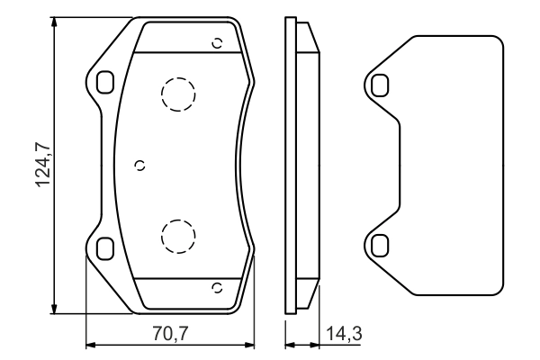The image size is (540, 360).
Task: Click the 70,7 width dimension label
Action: (x=169, y=334)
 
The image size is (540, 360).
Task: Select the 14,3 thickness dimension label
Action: (x=345, y=334)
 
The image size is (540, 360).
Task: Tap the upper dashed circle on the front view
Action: (x=177, y=93)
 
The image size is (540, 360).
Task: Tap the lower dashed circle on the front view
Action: (x=177, y=236)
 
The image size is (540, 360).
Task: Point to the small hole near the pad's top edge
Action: (x=216, y=42)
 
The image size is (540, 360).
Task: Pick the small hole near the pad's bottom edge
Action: (x=216, y=287)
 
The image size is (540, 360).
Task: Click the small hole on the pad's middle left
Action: (x=139, y=164)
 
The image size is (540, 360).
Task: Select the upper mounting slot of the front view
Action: (x=104, y=82)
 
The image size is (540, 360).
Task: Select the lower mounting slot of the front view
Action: (x=104, y=247)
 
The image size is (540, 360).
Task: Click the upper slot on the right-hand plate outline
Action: (x=380, y=85)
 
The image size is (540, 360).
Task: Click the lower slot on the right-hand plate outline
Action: (x=380, y=245)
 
